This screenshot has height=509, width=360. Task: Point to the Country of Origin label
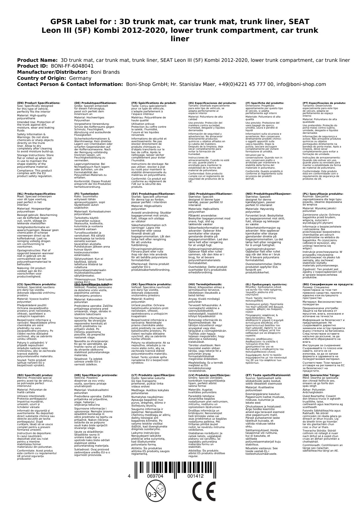click(42, 78)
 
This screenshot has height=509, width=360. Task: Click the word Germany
click(80, 78)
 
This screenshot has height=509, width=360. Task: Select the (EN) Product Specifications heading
click(39, 103)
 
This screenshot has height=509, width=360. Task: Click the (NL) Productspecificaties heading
click(36, 194)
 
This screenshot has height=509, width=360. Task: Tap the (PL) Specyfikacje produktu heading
click(323, 194)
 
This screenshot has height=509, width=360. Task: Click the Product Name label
click(37, 60)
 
